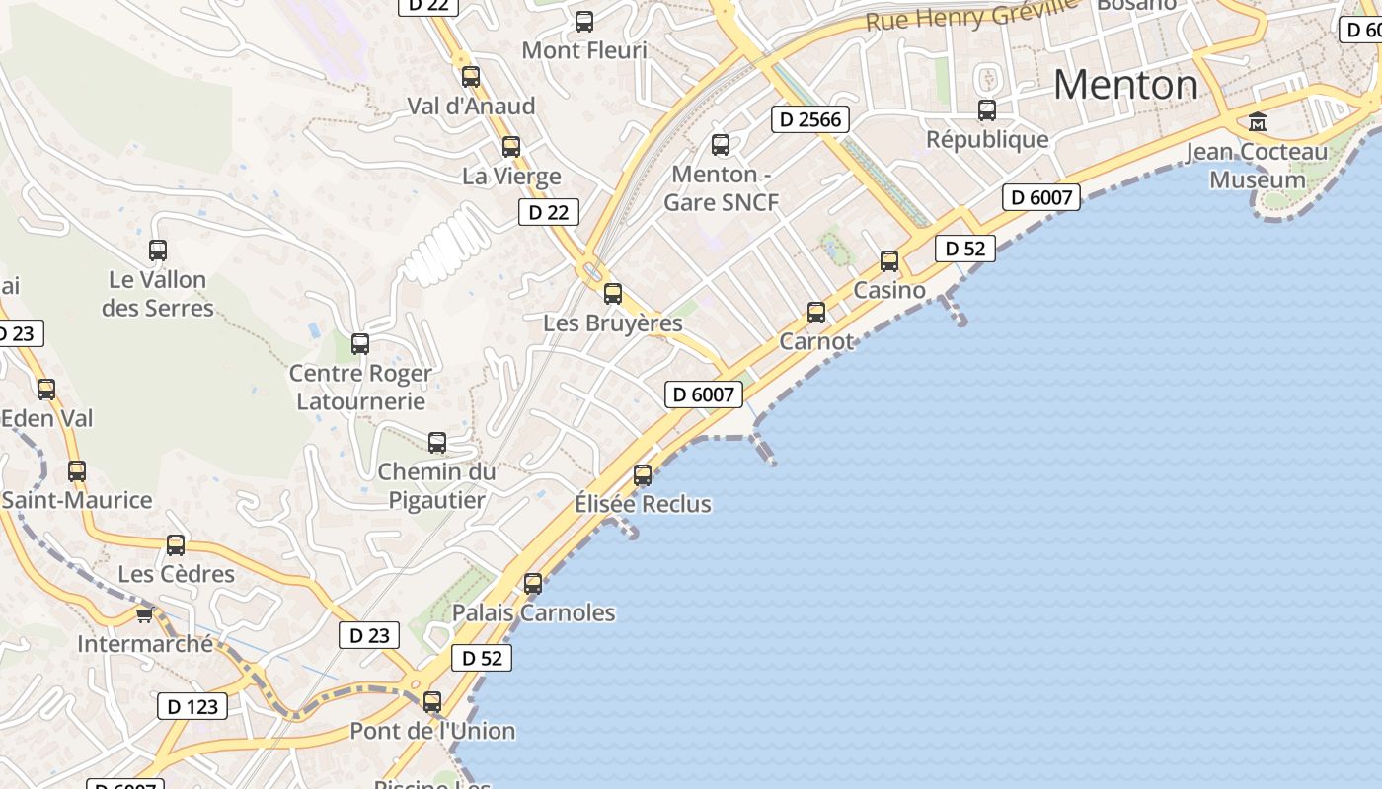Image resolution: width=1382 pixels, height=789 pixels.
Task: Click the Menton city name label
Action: coord(1125,85)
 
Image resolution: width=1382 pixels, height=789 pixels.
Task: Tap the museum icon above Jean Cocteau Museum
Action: coord(1258,122)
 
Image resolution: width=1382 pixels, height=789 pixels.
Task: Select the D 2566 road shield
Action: coord(810,120)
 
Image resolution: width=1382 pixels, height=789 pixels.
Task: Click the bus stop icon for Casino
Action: coord(889,261)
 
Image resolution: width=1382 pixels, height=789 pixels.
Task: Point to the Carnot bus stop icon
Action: coord(816,313)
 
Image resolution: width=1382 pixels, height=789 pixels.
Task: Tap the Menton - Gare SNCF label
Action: coord(721,188)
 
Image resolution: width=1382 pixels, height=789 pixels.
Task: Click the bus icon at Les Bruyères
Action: coord(613,294)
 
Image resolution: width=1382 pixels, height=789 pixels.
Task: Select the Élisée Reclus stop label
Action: coord(643,504)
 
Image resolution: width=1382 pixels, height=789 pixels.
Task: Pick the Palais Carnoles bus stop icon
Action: coord(533,584)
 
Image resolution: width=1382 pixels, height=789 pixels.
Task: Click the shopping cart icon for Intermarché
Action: coord(144,615)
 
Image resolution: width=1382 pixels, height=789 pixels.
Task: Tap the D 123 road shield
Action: coord(192,706)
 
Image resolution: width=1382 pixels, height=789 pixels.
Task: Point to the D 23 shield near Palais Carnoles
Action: coord(370,635)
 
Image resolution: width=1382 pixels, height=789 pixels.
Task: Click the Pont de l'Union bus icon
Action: coord(432,702)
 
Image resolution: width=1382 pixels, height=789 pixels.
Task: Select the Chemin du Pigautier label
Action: coord(436,486)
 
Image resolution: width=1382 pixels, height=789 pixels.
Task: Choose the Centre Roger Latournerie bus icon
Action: coord(360,344)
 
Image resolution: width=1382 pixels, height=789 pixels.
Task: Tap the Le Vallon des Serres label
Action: coord(158,294)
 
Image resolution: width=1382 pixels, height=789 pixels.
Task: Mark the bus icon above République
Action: coord(987,110)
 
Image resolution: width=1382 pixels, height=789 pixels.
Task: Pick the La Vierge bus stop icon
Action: coord(511,147)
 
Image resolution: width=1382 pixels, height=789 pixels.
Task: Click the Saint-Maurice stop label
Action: coord(77,500)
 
